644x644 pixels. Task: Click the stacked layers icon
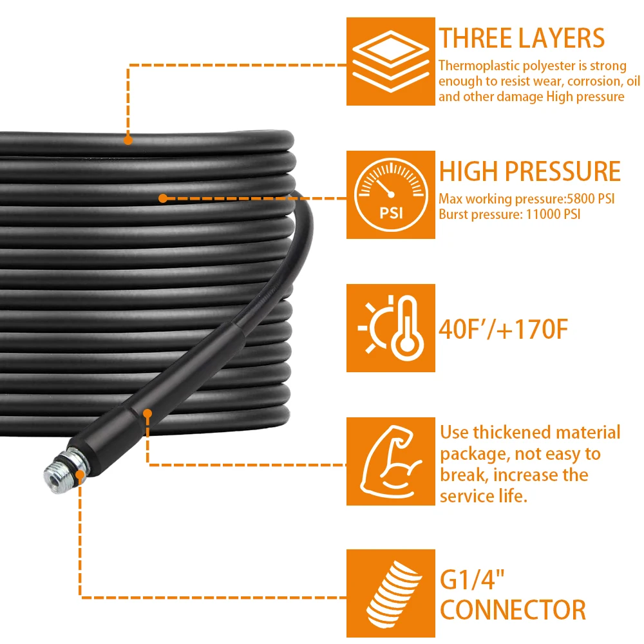(391, 61)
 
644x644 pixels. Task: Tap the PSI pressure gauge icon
(391, 194)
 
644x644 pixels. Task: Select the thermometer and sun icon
(391, 328)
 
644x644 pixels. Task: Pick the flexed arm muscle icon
(391, 461)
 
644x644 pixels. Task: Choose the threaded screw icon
(393, 594)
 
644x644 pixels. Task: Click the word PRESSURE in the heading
(562, 171)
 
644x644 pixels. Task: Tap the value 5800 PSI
(591, 199)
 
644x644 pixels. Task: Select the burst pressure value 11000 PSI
(553, 214)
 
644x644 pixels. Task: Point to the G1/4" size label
(472, 580)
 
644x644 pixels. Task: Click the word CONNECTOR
(513, 610)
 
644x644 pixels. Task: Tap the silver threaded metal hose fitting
(66, 470)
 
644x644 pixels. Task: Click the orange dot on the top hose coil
(128, 140)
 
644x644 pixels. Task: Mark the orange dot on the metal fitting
(80, 475)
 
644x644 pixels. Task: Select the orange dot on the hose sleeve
(148, 413)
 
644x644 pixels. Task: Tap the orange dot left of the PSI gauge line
(163, 198)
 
